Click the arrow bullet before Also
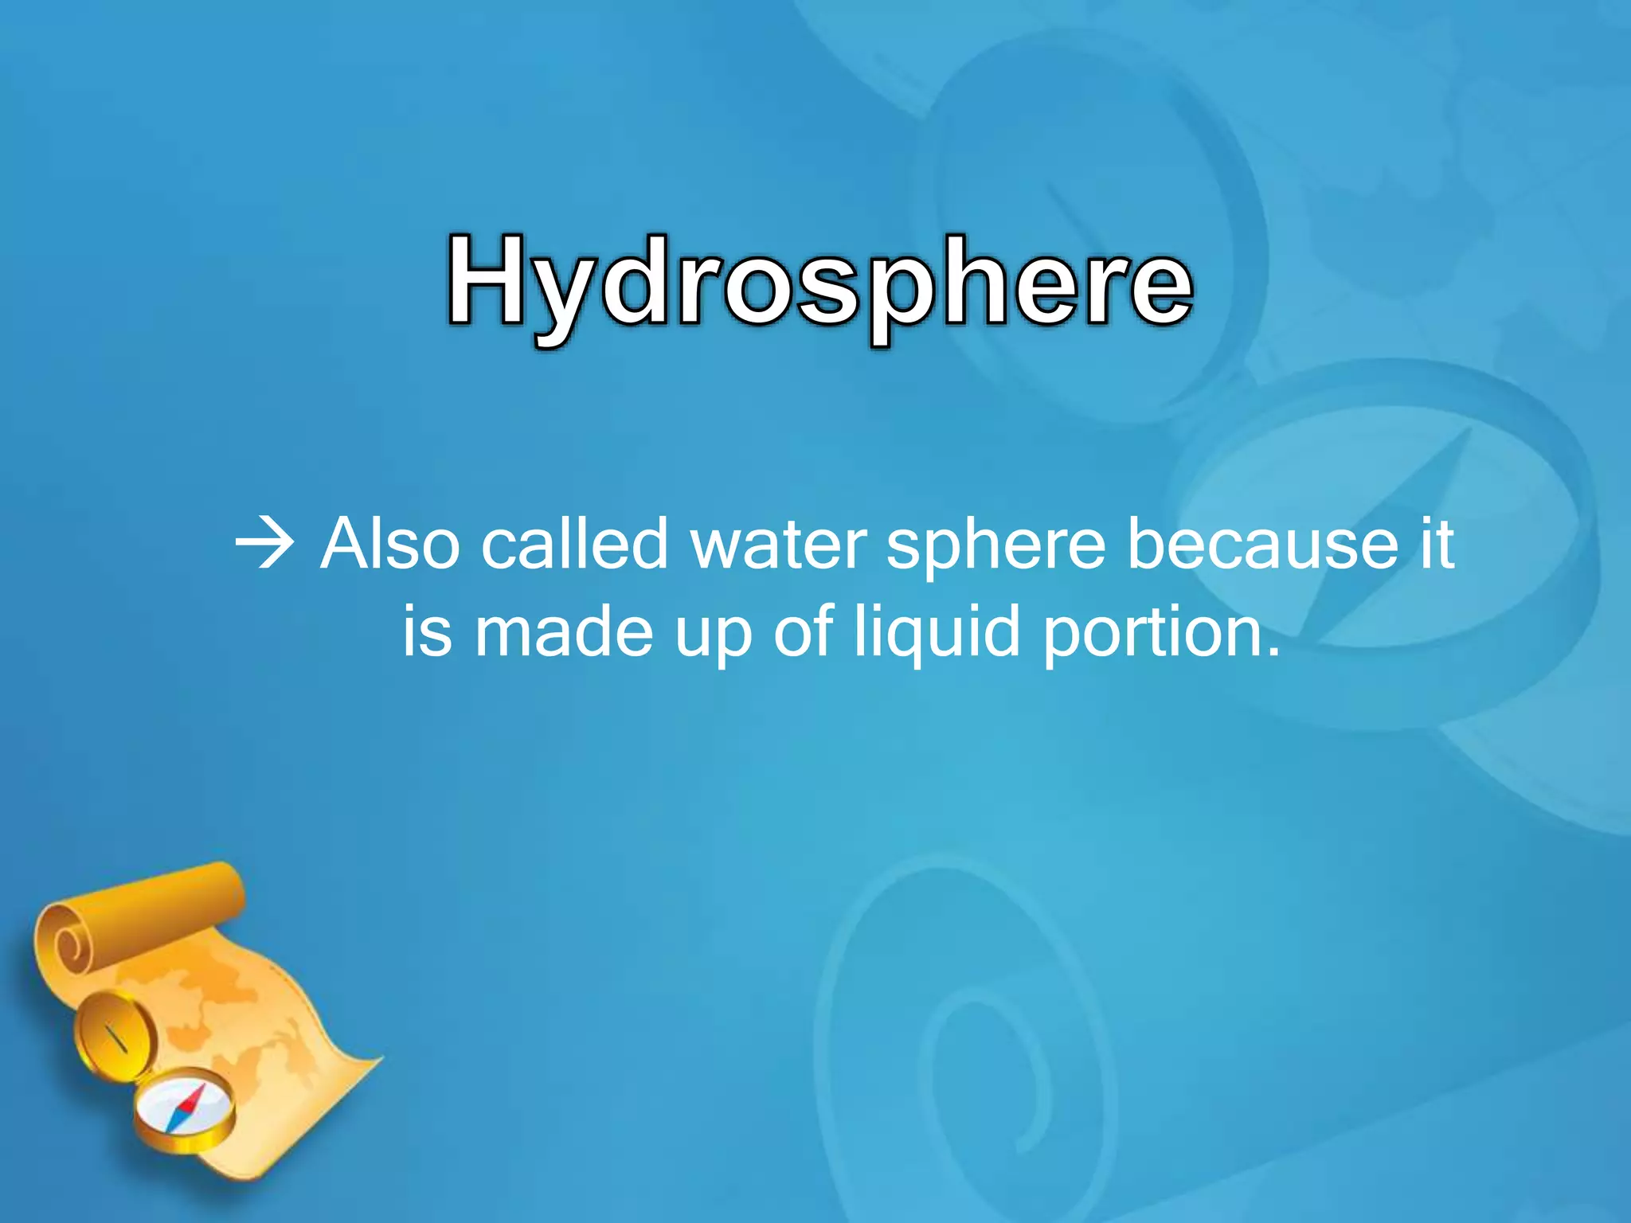(x=265, y=546)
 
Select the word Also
(x=389, y=545)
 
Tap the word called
(x=574, y=545)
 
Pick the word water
(x=778, y=546)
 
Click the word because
(x=1263, y=545)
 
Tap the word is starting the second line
(x=427, y=632)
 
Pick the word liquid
(x=937, y=634)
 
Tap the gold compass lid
(x=114, y=1036)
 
